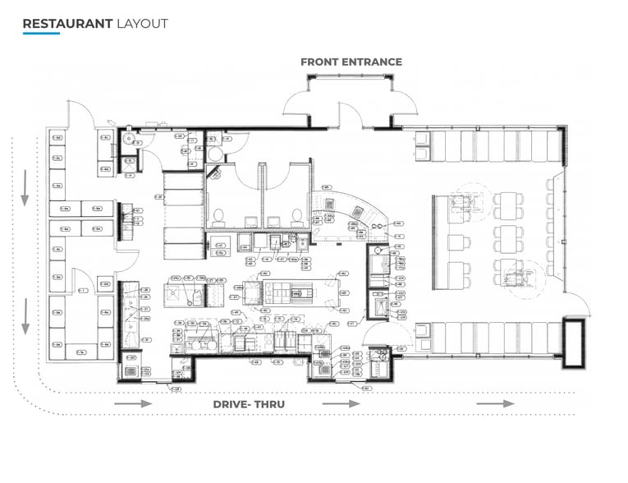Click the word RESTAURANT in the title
point(67,23)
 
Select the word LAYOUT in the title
point(142,23)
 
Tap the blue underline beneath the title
point(41,34)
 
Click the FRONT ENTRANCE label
point(351,62)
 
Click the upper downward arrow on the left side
point(25,188)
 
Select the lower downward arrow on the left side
point(25,316)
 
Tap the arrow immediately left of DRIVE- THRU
point(133,404)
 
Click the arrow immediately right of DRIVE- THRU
point(341,404)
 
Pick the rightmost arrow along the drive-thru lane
point(496,404)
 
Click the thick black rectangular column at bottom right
point(573,341)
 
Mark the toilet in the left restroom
point(219,217)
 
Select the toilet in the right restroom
point(296,217)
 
